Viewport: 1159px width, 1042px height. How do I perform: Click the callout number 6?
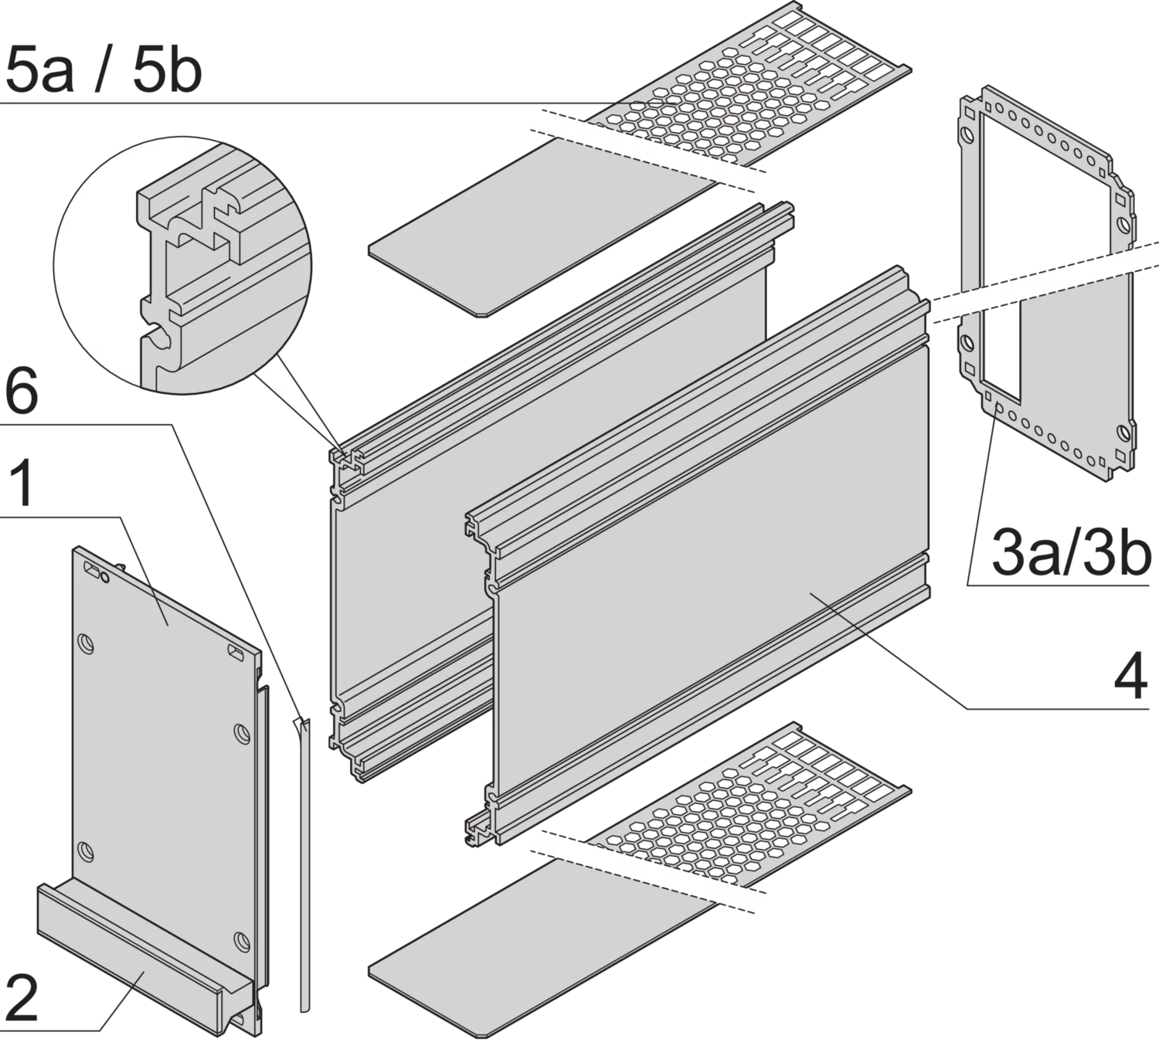click(22, 391)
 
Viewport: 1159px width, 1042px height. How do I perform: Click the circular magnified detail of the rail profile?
click(182, 266)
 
